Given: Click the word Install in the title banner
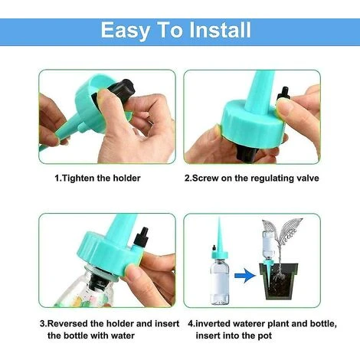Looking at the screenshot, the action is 220,30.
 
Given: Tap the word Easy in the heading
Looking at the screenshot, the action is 125,31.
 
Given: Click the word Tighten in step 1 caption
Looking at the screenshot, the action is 78,178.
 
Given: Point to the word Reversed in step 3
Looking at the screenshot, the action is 67,323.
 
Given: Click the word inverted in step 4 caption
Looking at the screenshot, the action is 214,324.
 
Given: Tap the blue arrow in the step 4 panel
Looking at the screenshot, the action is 245,276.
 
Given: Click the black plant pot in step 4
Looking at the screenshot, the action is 279,282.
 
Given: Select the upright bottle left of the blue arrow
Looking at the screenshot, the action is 219,281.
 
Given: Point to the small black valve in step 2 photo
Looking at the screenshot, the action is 283,94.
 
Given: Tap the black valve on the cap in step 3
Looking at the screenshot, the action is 141,237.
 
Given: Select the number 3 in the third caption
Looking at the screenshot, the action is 42,324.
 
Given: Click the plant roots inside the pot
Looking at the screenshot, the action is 279,275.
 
